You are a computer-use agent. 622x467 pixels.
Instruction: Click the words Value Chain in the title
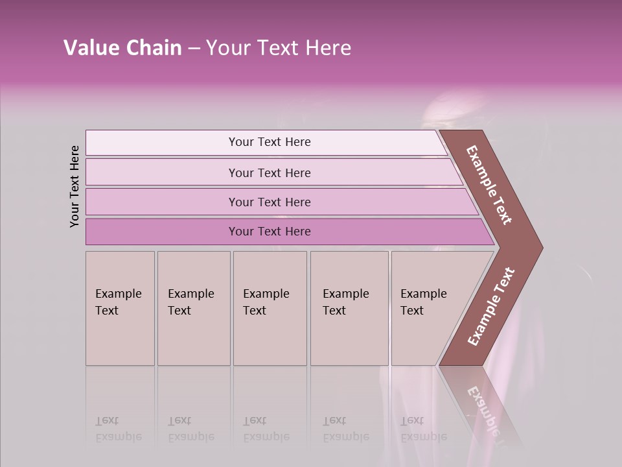point(122,48)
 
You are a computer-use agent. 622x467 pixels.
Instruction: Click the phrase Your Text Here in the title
point(279,48)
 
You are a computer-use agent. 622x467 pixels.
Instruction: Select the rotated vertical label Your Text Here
point(75,186)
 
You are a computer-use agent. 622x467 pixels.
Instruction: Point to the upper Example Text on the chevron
point(489,185)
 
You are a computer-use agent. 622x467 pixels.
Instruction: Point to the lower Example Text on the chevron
point(491,307)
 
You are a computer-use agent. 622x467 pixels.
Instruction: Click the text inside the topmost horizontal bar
point(270,142)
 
